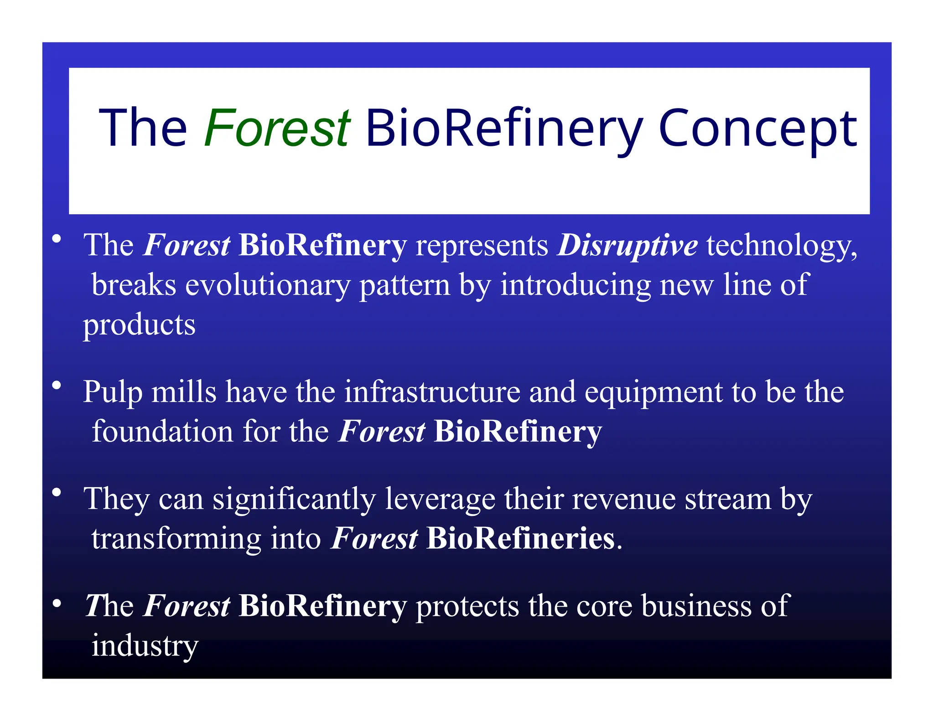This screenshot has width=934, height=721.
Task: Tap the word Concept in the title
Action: pos(758,129)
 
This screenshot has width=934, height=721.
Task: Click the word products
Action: pos(139,325)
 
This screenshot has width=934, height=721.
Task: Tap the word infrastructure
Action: pos(432,392)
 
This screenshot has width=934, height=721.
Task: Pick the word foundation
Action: pos(162,432)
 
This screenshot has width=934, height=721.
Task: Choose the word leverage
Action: pos(440,500)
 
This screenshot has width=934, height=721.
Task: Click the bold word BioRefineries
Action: pos(520,539)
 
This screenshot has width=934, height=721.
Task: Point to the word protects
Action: pos(467,607)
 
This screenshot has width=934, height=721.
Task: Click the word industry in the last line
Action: pos(145,647)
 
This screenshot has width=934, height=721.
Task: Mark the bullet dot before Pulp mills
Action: pos(57,386)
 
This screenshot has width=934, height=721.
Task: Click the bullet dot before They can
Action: pos(57,493)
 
